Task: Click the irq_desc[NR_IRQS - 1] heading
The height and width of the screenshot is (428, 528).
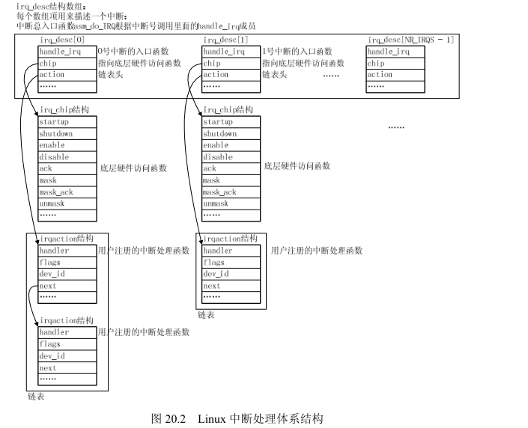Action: point(410,39)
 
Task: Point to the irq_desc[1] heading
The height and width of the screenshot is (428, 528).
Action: point(225,39)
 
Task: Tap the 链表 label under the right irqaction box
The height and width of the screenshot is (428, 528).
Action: point(206,315)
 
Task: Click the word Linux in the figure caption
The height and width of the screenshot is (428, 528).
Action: point(213,418)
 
